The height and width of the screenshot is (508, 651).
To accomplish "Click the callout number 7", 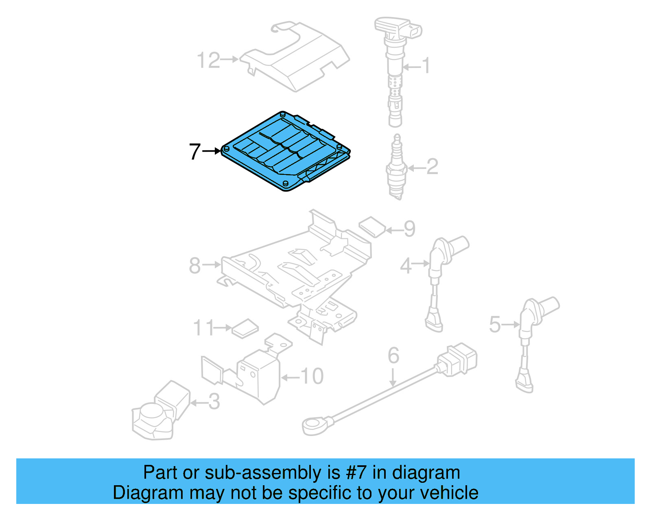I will (x=194, y=152).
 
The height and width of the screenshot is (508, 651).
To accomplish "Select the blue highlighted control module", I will (x=285, y=153).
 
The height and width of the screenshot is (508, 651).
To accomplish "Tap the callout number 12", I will (x=208, y=61).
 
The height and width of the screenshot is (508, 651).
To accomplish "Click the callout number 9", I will (x=409, y=229).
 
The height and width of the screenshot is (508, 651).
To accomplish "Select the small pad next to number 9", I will (x=372, y=227).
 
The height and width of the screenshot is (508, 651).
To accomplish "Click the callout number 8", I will (x=195, y=266).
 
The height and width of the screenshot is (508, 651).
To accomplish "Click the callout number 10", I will (x=312, y=377).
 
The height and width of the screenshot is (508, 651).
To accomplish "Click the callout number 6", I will (x=393, y=355).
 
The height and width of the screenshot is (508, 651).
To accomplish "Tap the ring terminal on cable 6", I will (x=313, y=425).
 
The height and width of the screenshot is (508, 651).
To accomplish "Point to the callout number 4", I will (x=406, y=266).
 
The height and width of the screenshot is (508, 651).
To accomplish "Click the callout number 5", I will (x=495, y=325).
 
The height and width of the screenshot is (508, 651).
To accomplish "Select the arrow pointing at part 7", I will (x=212, y=151).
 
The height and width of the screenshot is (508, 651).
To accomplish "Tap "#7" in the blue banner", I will (x=356, y=473).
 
